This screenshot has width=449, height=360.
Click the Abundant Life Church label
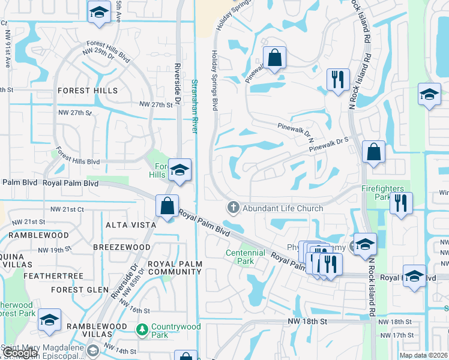(282, 208)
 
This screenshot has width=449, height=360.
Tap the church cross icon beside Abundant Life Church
(233, 208)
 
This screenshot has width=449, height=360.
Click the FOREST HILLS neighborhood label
(88, 91)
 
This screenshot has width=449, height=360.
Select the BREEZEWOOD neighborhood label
(125, 247)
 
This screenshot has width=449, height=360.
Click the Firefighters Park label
(382, 193)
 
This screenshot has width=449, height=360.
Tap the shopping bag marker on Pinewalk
(274, 58)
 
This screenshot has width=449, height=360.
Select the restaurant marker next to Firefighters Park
(401, 203)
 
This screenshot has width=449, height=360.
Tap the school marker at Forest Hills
(179, 170)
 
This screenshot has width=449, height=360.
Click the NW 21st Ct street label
(67, 209)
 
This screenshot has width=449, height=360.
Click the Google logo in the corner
(20, 353)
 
